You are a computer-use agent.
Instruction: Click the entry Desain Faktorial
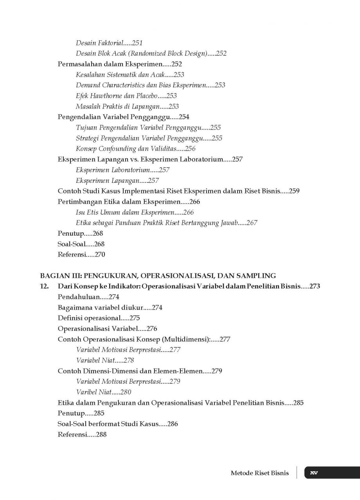click(100, 43)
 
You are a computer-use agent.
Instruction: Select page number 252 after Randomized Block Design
click(221, 54)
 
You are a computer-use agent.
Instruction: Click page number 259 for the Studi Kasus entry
click(293, 191)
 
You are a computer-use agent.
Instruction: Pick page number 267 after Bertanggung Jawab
click(252, 223)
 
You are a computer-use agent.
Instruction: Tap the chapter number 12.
click(44, 286)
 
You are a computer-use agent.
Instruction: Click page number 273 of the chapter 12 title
click(315, 286)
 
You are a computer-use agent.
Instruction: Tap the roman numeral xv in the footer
click(313, 473)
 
